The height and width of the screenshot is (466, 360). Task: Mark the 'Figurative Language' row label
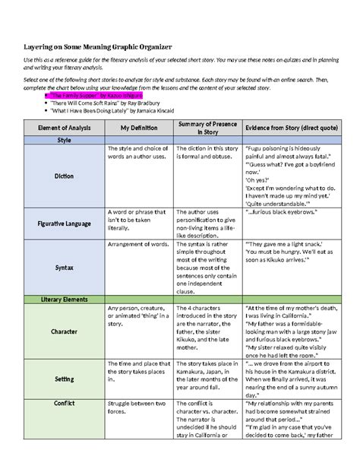tap(64, 224)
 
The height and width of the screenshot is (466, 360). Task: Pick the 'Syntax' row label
tap(64, 268)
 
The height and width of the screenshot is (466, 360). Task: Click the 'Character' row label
tap(64, 332)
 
